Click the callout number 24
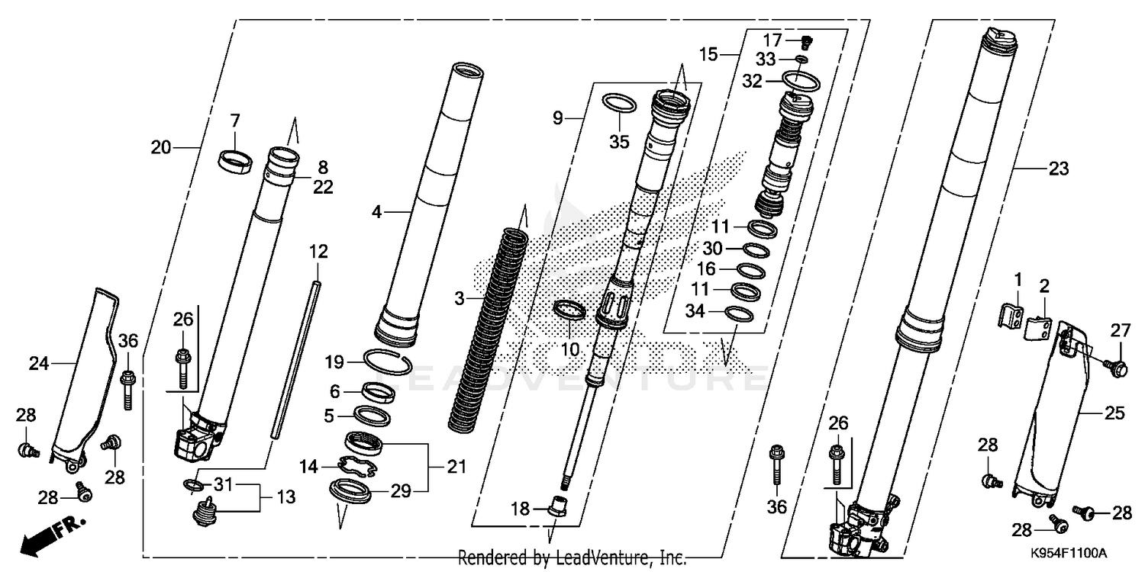(39, 364)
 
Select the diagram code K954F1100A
(1068, 553)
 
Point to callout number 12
(318, 250)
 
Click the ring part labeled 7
(235, 162)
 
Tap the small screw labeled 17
(804, 42)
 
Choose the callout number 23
(1058, 169)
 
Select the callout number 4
(376, 212)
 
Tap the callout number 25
(1115, 413)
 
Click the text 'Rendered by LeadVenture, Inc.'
(572, 558)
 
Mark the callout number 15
(708, 54)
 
